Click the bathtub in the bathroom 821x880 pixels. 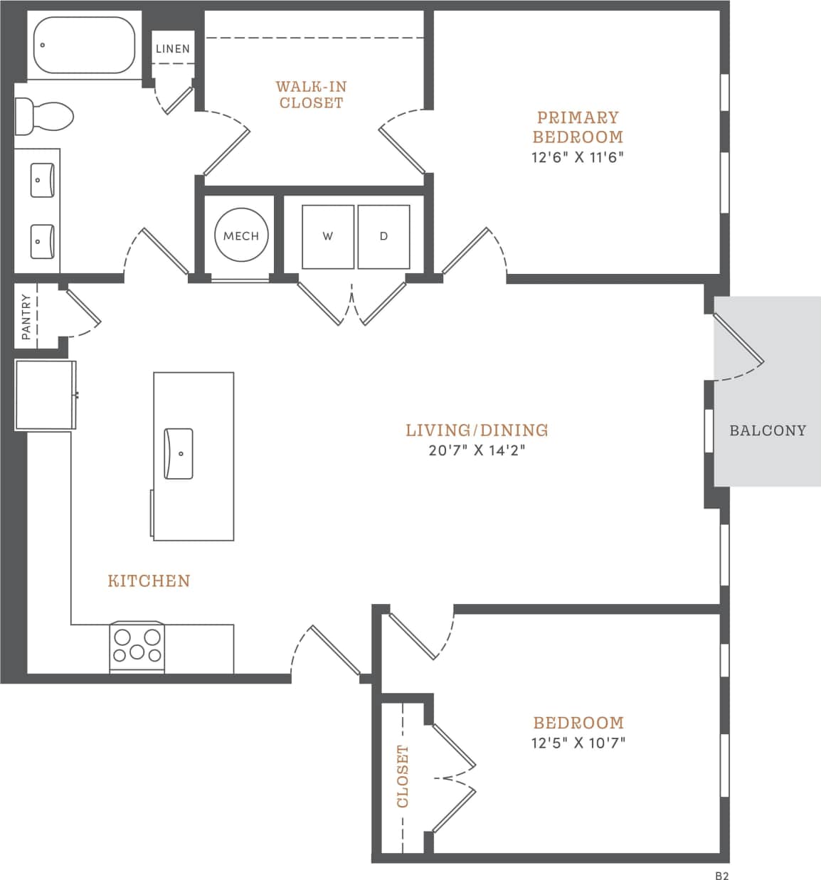(x=84, y=45)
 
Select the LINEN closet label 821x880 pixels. (x=173, y=48)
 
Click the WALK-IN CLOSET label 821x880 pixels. (x=311, y=95)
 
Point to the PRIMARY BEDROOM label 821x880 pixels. (x=578, y=127)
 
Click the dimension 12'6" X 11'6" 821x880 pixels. (x=577, y=157)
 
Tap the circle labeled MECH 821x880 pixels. (x=241, y=235)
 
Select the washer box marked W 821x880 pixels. (x=328, y=236)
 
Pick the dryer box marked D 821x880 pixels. (x=383, y=236)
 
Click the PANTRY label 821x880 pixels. (x=26, y=317)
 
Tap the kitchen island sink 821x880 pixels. (x=179, y=453)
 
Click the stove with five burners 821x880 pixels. (x=137, y=647)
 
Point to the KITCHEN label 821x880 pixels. (x=149, y=581)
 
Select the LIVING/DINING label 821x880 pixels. (x=477, y=430)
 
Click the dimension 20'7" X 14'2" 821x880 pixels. (x=477, y=450)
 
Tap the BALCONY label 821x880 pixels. (x=768, y=430)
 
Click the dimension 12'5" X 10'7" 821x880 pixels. (x=578, y=743)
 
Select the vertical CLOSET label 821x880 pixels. (x=403, y=776)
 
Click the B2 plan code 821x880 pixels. (x=721, y=876)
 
